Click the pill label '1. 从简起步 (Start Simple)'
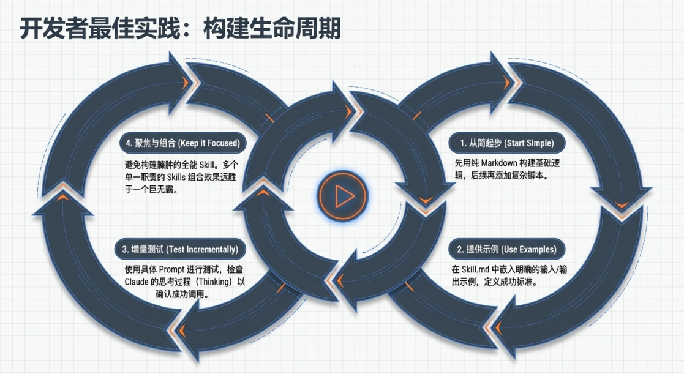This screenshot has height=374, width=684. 507,143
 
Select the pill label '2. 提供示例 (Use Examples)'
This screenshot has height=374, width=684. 507,249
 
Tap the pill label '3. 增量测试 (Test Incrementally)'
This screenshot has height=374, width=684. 180,249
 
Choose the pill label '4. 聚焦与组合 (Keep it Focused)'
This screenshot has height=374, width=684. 182,143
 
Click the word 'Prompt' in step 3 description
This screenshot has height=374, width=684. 171,270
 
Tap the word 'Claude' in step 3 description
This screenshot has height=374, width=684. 137,282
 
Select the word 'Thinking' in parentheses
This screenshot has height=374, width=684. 214,282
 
